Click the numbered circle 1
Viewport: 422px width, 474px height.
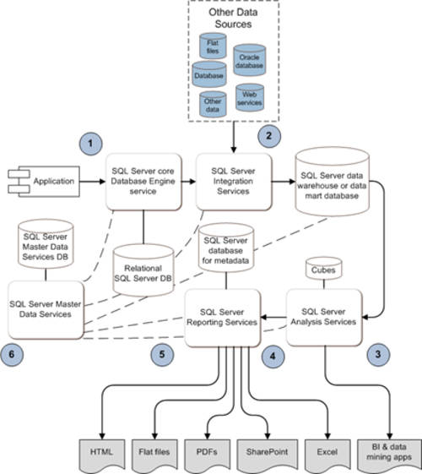(x=90, y=144)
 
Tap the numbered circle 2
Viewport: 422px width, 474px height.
(x=269, y=136)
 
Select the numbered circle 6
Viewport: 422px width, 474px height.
(x=12, y=354)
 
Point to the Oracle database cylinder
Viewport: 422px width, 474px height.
(x=249, y=60)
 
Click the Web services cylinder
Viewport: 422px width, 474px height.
(x=250, y=97)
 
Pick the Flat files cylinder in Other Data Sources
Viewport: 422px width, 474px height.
(x=213, y=46)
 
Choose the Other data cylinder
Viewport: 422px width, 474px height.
(x=213, y=104)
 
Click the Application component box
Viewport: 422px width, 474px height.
(x=44, y=182)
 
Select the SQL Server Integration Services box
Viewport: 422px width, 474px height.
(x=234, y=182)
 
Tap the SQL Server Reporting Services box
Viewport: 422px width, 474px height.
(x=223, y=318)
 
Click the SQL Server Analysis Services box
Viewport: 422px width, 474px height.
(x=324, y=318)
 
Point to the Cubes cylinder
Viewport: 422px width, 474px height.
(x=324, y=269)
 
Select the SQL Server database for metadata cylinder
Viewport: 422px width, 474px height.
(x=226, y=248)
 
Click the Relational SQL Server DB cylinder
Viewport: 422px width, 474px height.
(x=143, y=270)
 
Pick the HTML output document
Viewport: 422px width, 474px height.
(x=102, y=455)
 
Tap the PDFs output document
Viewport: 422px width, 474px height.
(x=207, y=455)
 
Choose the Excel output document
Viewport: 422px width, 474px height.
(x=327, y=455)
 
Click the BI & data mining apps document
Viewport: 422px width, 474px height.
(x=389, y=455)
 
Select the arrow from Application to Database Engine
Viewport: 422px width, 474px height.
(x=93, y=182)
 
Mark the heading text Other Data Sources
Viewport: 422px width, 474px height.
(x=233, y=18)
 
